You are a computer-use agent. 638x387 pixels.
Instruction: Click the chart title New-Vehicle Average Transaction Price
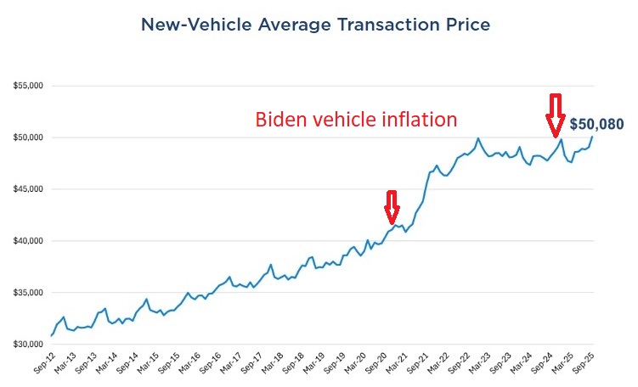pos(315,25)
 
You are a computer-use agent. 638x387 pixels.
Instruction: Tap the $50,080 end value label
pos(596,124)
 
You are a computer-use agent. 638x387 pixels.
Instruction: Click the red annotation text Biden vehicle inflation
pos(357,120)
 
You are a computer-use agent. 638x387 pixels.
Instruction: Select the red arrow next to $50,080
pos(555,108)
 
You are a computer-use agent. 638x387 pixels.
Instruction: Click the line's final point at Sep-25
pos(592,137)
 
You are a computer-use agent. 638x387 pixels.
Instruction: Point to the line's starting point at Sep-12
pos(52,336)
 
